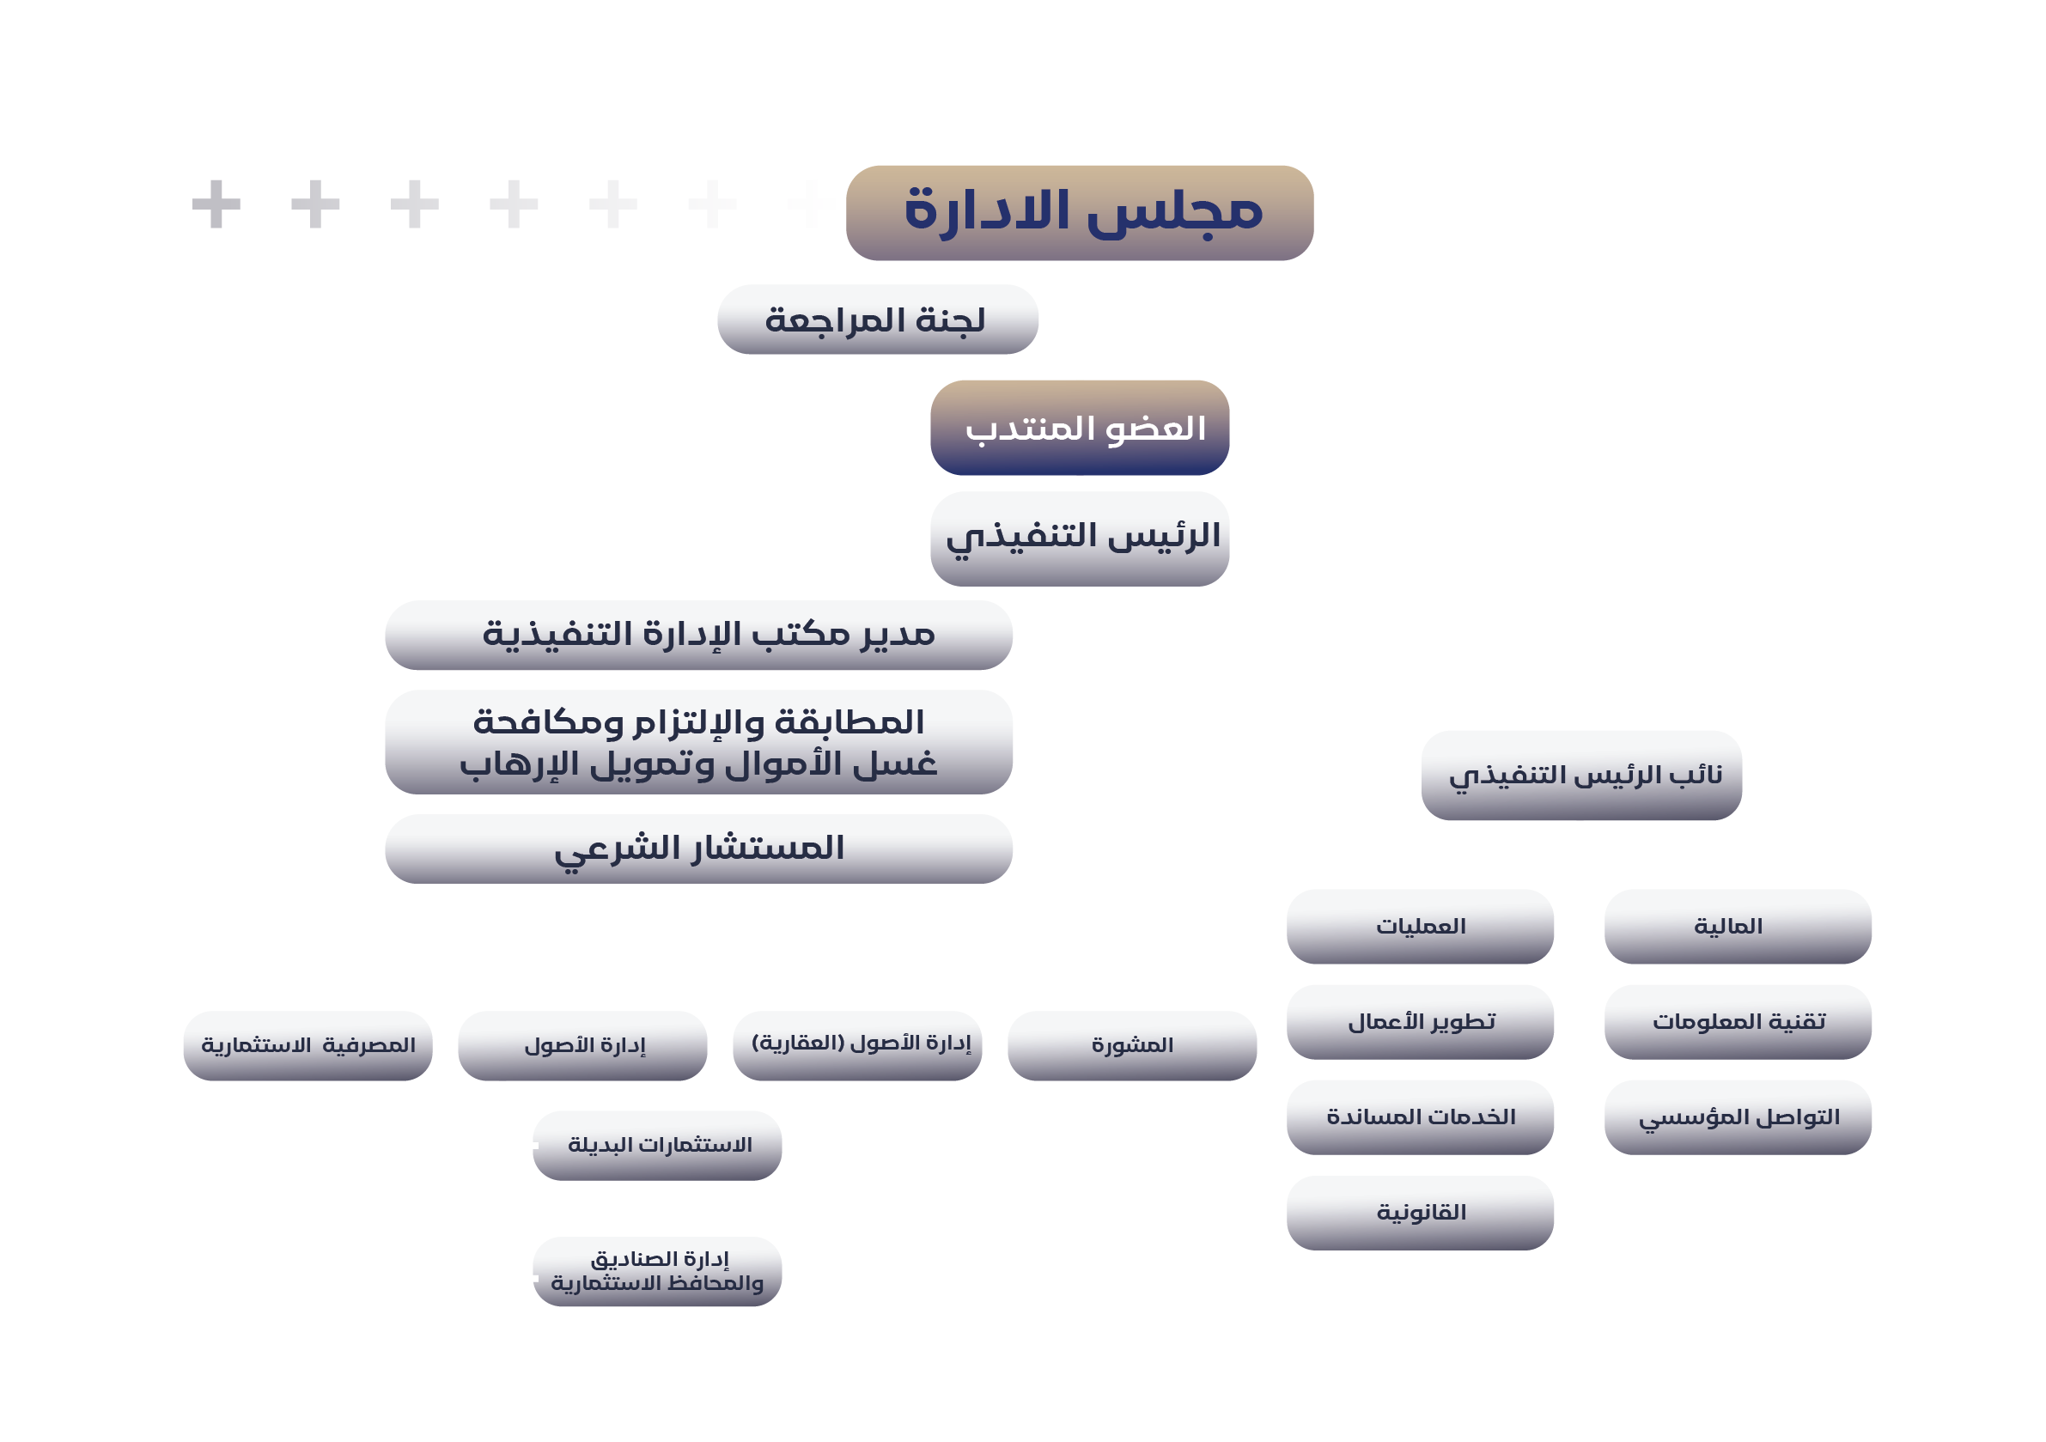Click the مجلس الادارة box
point(1079,212)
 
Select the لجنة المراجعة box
point(877,319)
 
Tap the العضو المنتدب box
point(1079,427)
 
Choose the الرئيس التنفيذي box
point(1079,538)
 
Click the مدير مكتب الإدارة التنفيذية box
point(697,635)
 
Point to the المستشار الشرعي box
point(697,848)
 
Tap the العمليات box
point(1420,925)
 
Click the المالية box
point(1737,925)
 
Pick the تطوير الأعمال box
point(1420,1020)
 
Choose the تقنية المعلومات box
point(1737,1020)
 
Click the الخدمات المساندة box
point(1420,1116)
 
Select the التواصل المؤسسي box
point(1737,1116)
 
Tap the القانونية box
point(1420,1211)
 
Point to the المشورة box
point(1132,1044)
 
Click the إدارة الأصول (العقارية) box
point(856,1044)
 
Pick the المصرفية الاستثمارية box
point(308,1044)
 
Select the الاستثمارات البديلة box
point(657,1144)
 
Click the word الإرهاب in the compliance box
point(507,764)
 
